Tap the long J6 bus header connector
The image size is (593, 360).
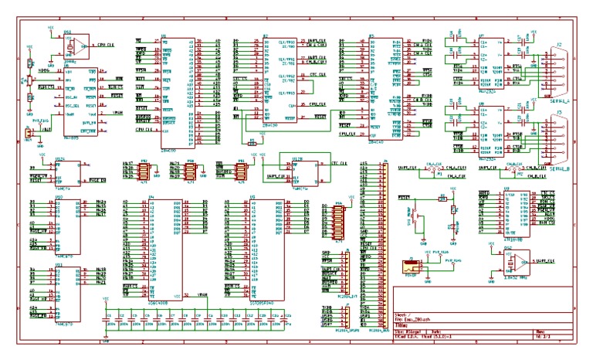coord(378,247)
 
